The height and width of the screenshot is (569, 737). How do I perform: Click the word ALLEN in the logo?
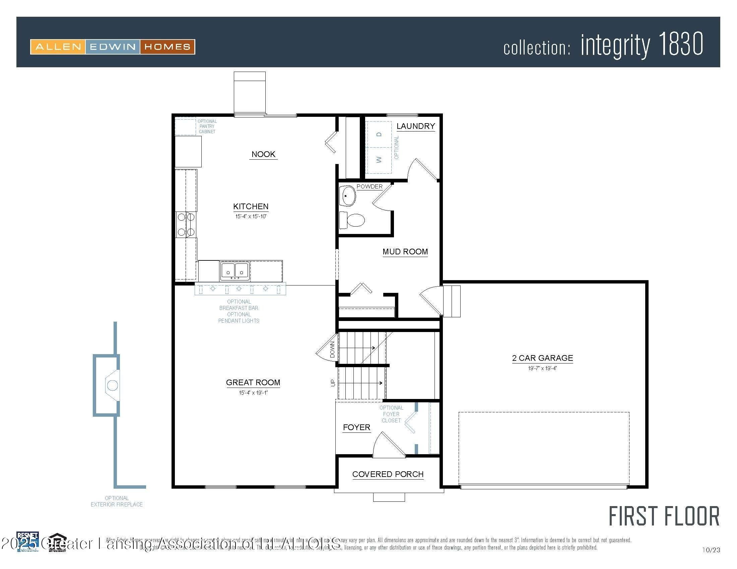(x=58, y=47)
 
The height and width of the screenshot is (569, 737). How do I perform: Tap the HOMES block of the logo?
(x=167, y=47)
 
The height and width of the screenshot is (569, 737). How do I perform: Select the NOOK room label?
(x=263, y=154)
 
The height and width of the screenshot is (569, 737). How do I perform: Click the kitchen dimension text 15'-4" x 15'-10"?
(x=251, y=217)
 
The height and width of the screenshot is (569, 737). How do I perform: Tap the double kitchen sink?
(x=235, y=271)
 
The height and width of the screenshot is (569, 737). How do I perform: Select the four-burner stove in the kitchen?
(x=186, y=225)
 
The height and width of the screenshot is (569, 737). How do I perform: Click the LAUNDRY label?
(x=415, y=126)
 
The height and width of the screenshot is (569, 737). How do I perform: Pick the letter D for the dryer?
(x=379, y=134)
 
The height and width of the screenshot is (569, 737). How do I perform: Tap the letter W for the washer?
(x=379, y=159)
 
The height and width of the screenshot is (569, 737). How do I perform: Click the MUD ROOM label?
(x=405, y=252)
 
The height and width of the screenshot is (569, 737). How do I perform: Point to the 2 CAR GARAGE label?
(x=542, y=358)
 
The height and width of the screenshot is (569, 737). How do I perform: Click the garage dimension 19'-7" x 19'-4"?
(x=542, y=369)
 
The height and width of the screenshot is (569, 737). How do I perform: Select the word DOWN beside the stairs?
(x=332, y=349)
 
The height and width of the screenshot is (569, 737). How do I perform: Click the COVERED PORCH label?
(x=388, y=474)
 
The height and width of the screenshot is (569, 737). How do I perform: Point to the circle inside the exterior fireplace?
(x=112, y=385)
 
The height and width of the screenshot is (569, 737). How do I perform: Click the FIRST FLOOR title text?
(x=664, y=517)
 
